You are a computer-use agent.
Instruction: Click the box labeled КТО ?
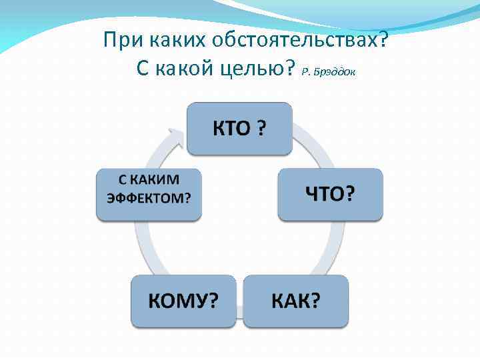[x=239, y=128]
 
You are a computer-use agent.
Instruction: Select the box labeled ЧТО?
[x=330, y=194]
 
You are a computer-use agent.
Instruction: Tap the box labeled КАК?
[x=295, y=301]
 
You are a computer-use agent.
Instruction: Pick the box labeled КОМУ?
[x=183, y=301]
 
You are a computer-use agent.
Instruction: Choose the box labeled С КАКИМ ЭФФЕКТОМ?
[x=149, y=194]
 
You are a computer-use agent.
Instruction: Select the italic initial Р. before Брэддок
[x=306, y=71]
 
